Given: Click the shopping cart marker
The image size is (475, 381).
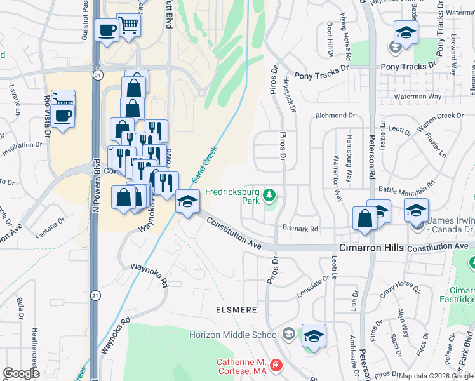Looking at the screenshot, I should [x=129, y=26].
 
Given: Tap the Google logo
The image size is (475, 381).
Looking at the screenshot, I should [x=21, y=373].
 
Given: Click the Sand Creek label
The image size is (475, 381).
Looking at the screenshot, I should [x=209, y=161].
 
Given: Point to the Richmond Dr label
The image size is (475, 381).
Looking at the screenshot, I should [x=335, y=116].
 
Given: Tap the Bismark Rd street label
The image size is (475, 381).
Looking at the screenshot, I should [x=300, y=229].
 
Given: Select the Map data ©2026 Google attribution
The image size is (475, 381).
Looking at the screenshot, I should [x=436, y=376].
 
